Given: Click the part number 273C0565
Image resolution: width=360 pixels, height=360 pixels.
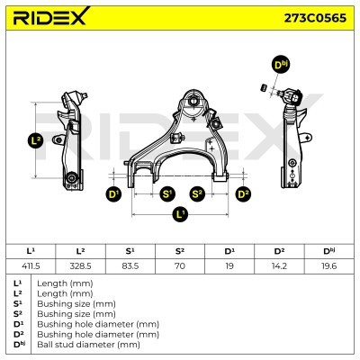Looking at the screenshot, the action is pos(315,18).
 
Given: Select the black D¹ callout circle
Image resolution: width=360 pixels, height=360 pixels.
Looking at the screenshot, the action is pos(113,194).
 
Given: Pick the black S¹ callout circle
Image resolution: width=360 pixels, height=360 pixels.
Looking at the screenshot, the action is pos(167,194).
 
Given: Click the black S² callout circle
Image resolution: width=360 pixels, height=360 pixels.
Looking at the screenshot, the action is pos(197,194).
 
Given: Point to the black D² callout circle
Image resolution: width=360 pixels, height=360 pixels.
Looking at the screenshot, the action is pos(243,194).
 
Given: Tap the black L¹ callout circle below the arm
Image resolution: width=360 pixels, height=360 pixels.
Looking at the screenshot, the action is pos(180,214).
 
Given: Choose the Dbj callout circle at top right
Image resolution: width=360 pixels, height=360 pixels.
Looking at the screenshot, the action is pos(282,65).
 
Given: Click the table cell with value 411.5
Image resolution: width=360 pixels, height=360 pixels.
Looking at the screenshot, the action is pos(31,265).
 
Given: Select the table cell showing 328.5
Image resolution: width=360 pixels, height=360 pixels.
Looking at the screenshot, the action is pos(80,265).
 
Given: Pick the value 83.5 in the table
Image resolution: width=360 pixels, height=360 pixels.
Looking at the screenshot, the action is pos(130,265).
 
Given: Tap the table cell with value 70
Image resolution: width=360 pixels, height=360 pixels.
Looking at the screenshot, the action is pos(180,265).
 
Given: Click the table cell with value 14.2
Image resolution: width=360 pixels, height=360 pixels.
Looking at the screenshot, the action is pos(279,265).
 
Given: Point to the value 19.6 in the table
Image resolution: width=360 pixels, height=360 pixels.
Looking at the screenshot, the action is pos(328,265).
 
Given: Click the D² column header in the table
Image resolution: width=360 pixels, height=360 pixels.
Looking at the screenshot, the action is pos(279,251).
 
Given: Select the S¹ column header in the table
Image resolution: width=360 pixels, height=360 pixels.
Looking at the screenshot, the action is pos(130,251).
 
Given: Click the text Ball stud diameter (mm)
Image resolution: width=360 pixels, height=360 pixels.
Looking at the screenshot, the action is pos(88,345).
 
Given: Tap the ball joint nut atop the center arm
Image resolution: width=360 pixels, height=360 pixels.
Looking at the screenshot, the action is pos(193,100).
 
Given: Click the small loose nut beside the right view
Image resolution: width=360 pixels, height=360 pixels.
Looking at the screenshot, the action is pos(264,88).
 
